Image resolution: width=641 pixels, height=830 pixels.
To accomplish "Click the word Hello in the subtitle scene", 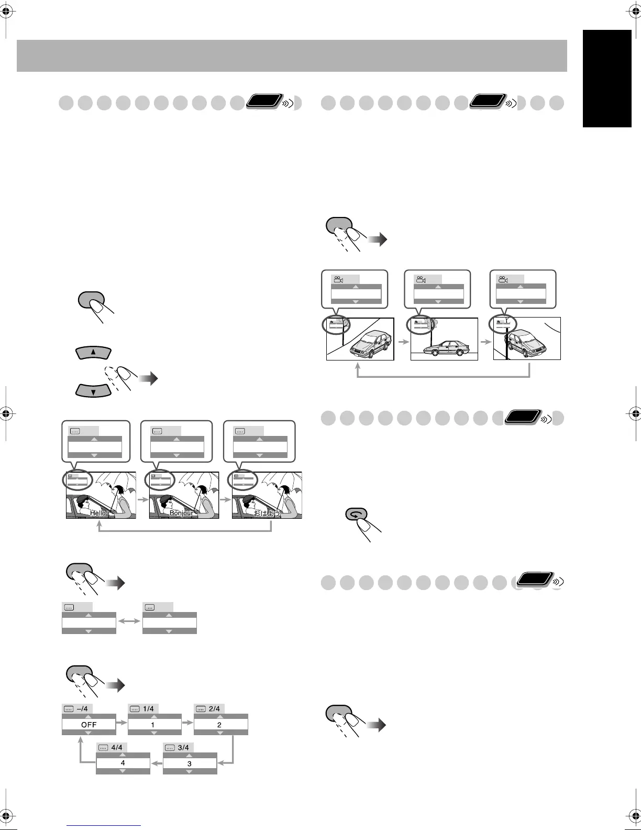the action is (98, 514).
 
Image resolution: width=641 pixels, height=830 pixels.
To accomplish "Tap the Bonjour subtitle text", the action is (181, 514).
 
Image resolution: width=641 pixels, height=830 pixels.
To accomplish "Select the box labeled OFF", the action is (89, 725).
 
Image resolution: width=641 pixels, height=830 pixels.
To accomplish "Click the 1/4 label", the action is (149, 709).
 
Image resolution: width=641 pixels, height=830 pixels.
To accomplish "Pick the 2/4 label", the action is (214, 709).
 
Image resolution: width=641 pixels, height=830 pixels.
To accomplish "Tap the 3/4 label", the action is (183, 748).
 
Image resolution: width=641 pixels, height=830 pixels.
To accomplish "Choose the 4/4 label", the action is (117, 748).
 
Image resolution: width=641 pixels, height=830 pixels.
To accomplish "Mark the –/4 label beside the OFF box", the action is (81, 709).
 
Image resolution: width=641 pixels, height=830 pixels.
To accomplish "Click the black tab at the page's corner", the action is (607, 78).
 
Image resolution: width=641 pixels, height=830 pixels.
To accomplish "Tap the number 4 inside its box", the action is (123, 763).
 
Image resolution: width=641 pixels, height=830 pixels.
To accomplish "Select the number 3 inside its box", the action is (190, 764).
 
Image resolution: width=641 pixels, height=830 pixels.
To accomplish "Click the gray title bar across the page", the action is (292, 56).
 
